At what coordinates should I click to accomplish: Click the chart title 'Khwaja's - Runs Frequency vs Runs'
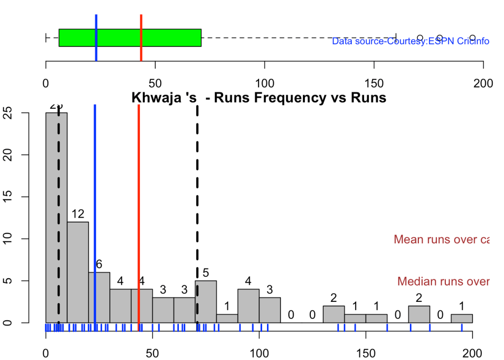[x=259, y=98]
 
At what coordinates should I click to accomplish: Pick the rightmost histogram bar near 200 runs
[x=462, y=318]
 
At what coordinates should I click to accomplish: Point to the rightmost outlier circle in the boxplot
[x=472, y=38]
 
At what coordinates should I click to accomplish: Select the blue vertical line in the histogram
[x=95, y=197]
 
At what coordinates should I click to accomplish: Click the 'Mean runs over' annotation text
[x=441, y=240]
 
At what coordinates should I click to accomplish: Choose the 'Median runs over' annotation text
[x=443, y=282]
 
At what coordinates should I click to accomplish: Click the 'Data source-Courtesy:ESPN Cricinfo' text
[x=410, y=41]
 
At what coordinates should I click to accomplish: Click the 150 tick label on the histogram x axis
[x=366, y=353]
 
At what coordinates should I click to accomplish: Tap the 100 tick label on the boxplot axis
[x=265, y=83]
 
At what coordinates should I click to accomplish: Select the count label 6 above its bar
[x=99, y=264]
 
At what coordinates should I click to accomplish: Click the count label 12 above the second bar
[x=78, y=214]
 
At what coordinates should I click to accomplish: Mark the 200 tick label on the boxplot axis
[x=483, y=83]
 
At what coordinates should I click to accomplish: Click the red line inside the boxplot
[x=141, y=38]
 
